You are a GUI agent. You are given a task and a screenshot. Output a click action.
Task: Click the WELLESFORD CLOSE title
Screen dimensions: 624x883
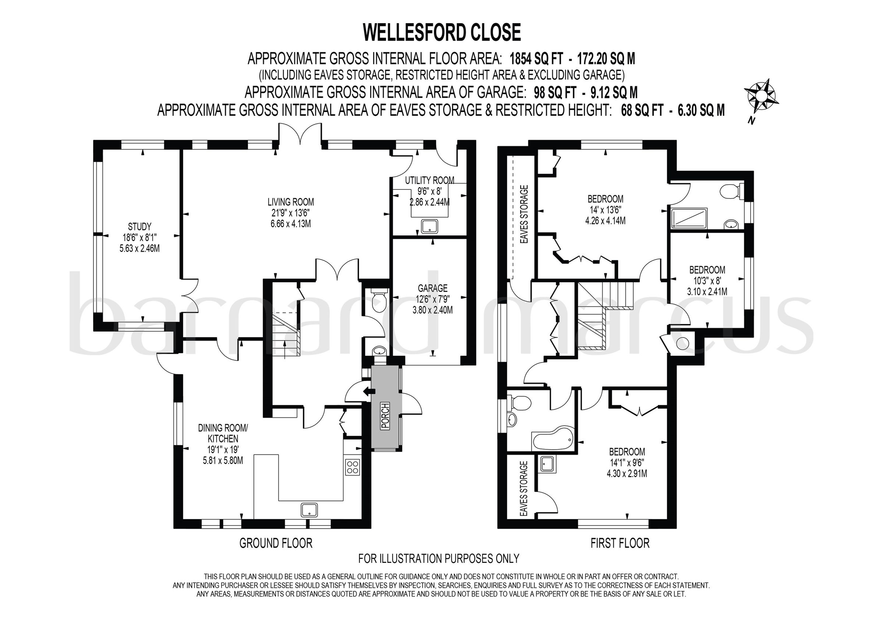click(x=441, y=32)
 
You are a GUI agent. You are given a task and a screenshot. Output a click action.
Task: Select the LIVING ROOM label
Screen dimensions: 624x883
click(x=291, y=202)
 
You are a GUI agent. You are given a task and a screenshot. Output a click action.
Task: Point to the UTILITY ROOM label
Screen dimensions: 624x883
click(x=430, y=180)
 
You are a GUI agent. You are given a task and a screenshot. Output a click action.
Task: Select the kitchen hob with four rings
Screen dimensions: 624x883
click(x=353, y=467)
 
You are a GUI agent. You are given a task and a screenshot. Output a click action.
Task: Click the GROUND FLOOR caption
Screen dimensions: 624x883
click(x=276, y=543)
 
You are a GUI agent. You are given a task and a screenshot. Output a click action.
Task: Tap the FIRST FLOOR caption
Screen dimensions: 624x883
click(x=620, y=543)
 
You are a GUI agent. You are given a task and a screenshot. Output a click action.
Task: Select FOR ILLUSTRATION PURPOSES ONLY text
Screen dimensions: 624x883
click(x=439, y=558)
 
